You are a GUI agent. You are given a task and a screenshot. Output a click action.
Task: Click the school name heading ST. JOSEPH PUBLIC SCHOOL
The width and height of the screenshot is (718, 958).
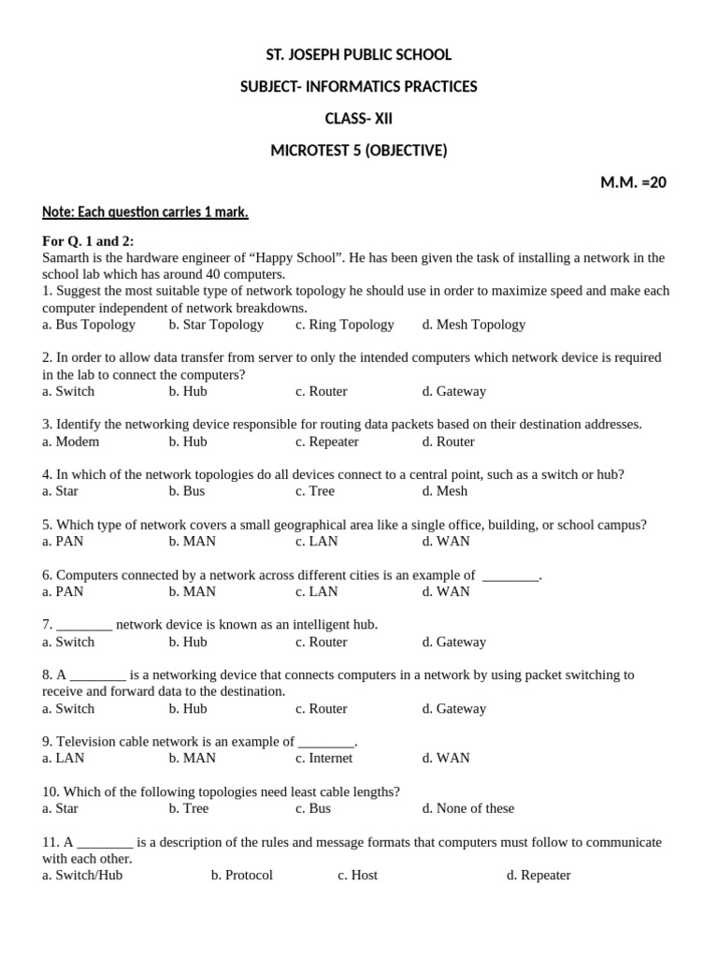[359, 55]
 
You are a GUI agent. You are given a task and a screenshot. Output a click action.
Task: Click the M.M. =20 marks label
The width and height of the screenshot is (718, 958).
[633, 182]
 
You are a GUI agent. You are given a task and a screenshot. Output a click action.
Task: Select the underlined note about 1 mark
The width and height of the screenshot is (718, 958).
[145, 212]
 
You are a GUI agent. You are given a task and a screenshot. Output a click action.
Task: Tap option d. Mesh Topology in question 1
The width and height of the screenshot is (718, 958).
[473, 325]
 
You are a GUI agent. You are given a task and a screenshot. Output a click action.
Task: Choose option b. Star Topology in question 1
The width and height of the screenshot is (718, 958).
[216, 325]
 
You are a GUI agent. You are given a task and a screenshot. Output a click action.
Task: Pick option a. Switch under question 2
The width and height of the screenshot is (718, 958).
[68, 391]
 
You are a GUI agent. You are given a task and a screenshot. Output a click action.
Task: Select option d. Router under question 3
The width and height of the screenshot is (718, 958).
[448, 442]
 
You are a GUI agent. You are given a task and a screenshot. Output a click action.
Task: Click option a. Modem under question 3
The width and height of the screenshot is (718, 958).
[70, 442]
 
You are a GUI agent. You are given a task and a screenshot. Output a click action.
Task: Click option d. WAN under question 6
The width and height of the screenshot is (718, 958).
[446, 591]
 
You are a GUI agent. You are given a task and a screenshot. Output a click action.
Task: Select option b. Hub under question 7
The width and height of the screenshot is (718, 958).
[188, 642]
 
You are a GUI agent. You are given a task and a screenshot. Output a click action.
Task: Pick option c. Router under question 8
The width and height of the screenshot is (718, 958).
[321, 708]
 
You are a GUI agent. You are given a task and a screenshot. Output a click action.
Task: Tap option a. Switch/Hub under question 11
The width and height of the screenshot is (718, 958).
[82, 876]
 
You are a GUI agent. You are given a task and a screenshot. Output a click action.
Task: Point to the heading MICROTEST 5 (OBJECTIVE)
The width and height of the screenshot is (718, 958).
[359, 151]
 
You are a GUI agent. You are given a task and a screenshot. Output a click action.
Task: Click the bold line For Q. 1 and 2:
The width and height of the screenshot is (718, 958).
[88, 241]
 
